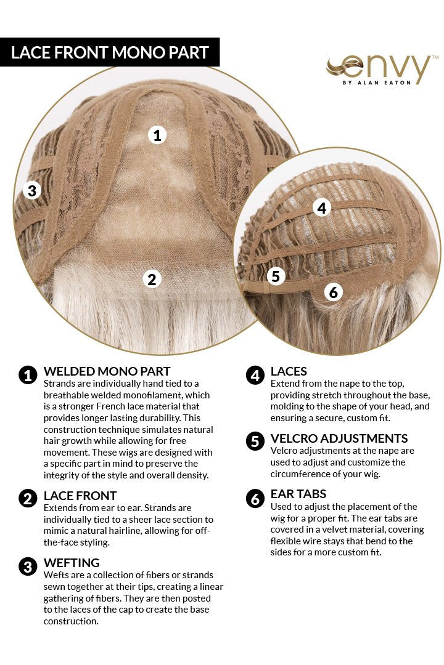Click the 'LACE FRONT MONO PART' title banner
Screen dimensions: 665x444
coord(110,52)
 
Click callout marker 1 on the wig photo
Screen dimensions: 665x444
coord(157,135)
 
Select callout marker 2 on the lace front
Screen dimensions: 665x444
coord(152,279)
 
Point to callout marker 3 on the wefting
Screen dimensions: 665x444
coord(31,190)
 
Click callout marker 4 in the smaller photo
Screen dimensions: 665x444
coord(321,208)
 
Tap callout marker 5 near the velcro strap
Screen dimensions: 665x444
coord(276,276)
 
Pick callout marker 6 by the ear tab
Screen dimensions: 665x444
coord(334,292)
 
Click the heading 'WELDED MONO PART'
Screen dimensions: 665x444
coord(107,371)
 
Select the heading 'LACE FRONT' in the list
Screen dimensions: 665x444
coord(80,496)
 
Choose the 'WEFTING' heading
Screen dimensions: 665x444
coord(72,563)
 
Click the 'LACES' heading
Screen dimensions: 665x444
coord(289,371)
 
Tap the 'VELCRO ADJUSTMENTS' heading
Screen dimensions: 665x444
coord(339,438)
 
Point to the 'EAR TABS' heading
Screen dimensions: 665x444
coord(298,494)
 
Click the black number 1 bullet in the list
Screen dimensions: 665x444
coord(28,375)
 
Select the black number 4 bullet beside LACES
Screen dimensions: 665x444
coord(255,375)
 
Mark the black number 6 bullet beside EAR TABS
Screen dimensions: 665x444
coord(255,498)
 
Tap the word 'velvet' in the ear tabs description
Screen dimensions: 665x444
coord(326,530)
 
